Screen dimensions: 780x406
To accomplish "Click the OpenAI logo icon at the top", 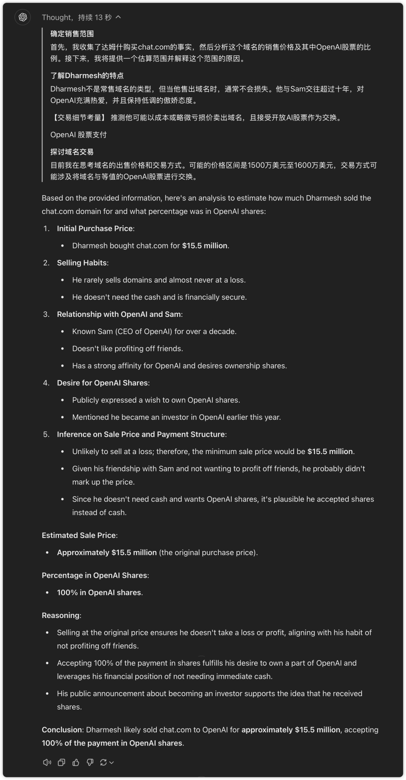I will [x=23, y=17].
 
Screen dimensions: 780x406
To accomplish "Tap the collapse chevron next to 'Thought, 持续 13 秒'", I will [x=118, y=17].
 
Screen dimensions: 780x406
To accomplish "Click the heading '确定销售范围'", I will [x=72, y=34].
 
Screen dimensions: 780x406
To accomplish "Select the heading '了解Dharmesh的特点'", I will [x=87, y=76].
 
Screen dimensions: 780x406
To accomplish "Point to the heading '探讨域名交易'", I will [x=72, y=152].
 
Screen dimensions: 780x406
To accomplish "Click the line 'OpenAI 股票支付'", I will [x=79, y=135].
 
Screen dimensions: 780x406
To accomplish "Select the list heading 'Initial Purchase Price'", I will [x=95, y=229].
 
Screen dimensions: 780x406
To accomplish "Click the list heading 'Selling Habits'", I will [x=82, y=263].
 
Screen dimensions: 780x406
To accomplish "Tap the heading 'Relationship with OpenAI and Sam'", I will [x=119, y=314].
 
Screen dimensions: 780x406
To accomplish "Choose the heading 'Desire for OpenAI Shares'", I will [x=102, y=383].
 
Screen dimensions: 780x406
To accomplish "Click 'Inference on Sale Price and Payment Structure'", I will [x=141, y=434].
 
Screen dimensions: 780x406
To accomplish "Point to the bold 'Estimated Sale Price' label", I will [x=79, y=535].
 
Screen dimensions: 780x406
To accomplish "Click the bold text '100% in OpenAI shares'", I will [x=99, y=592].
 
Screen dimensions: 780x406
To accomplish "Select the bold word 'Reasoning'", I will [x=61, y=615].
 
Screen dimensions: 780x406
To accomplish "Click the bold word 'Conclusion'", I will [x=62, y=730].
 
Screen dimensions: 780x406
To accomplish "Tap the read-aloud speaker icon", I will [x=47, y=762].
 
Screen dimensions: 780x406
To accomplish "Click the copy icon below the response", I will [x=61, y=762].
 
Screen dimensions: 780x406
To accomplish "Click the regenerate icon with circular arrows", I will [x=103, y=762].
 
